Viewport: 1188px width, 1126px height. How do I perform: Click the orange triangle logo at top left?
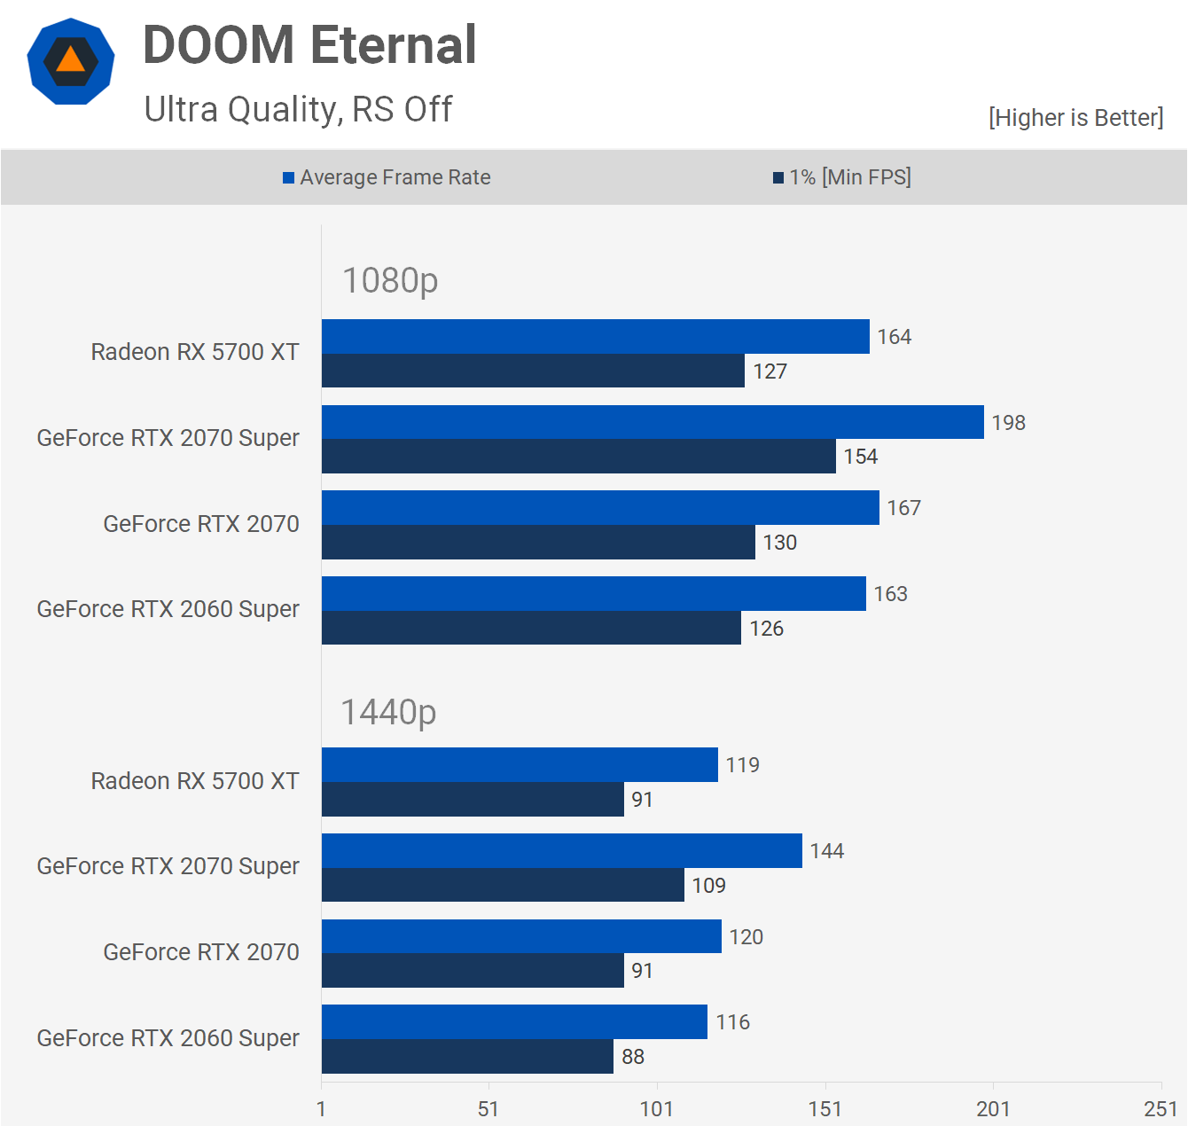click(70, 61)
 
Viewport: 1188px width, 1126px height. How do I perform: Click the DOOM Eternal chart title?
click(309, 45)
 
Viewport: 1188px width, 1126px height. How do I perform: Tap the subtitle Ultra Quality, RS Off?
click(298, 110)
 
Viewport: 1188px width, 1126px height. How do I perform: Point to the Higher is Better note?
click(1075, 118)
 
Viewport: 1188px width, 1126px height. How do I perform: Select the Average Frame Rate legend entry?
click(387, 177)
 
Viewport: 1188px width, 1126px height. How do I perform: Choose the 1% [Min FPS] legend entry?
click(842, 177)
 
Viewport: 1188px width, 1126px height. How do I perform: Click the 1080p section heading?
click(390, 281)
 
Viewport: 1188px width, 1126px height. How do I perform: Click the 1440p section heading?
click(388, 712)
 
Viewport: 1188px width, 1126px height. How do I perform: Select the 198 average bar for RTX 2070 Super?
click(653, 422)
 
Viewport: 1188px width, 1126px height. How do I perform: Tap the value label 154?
click(861, 457)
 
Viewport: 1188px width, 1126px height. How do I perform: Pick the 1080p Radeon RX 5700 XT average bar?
click(595, 337)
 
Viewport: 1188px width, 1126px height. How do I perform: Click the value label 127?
click(770, 371)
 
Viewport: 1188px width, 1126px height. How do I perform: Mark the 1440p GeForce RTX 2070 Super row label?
click(168, 866)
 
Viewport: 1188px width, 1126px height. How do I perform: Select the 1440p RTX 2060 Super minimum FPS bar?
click(467, 1057)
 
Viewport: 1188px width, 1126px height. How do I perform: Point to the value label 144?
click(827, 851)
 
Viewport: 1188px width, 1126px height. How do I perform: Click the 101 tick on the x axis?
click(657, 1109)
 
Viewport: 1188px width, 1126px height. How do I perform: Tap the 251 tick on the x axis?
click(1161, 1109)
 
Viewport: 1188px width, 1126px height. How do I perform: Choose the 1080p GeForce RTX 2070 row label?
click(201, 524)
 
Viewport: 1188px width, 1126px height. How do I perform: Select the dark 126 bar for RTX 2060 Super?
click(531, 628)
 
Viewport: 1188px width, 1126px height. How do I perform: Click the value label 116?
click(733, 1022)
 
